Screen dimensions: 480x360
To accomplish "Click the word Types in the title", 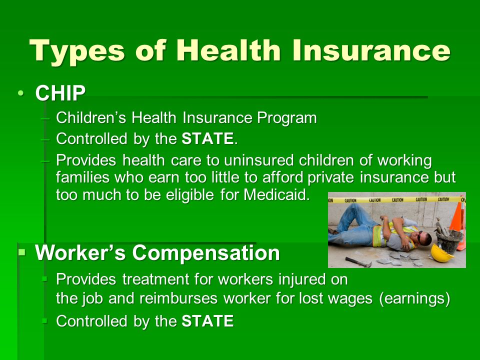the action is [x=77, y=51].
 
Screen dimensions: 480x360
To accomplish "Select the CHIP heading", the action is [x=60, y=93].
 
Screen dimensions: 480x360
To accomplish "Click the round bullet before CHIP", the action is [x=20, y=93].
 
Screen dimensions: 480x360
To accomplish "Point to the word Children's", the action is [x=91, y=117].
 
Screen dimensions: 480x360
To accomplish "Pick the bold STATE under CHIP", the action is [x=207, y=138].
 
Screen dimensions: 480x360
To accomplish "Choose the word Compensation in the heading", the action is [x=205, y=253].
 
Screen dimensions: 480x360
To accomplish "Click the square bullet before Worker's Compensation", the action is [x=21, y=252].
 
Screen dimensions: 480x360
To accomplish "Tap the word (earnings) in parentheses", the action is [x=414, y=299].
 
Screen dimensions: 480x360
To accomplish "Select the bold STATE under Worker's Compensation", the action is [x=207, y=321].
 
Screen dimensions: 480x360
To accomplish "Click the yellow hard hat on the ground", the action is [x=441, y=253].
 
